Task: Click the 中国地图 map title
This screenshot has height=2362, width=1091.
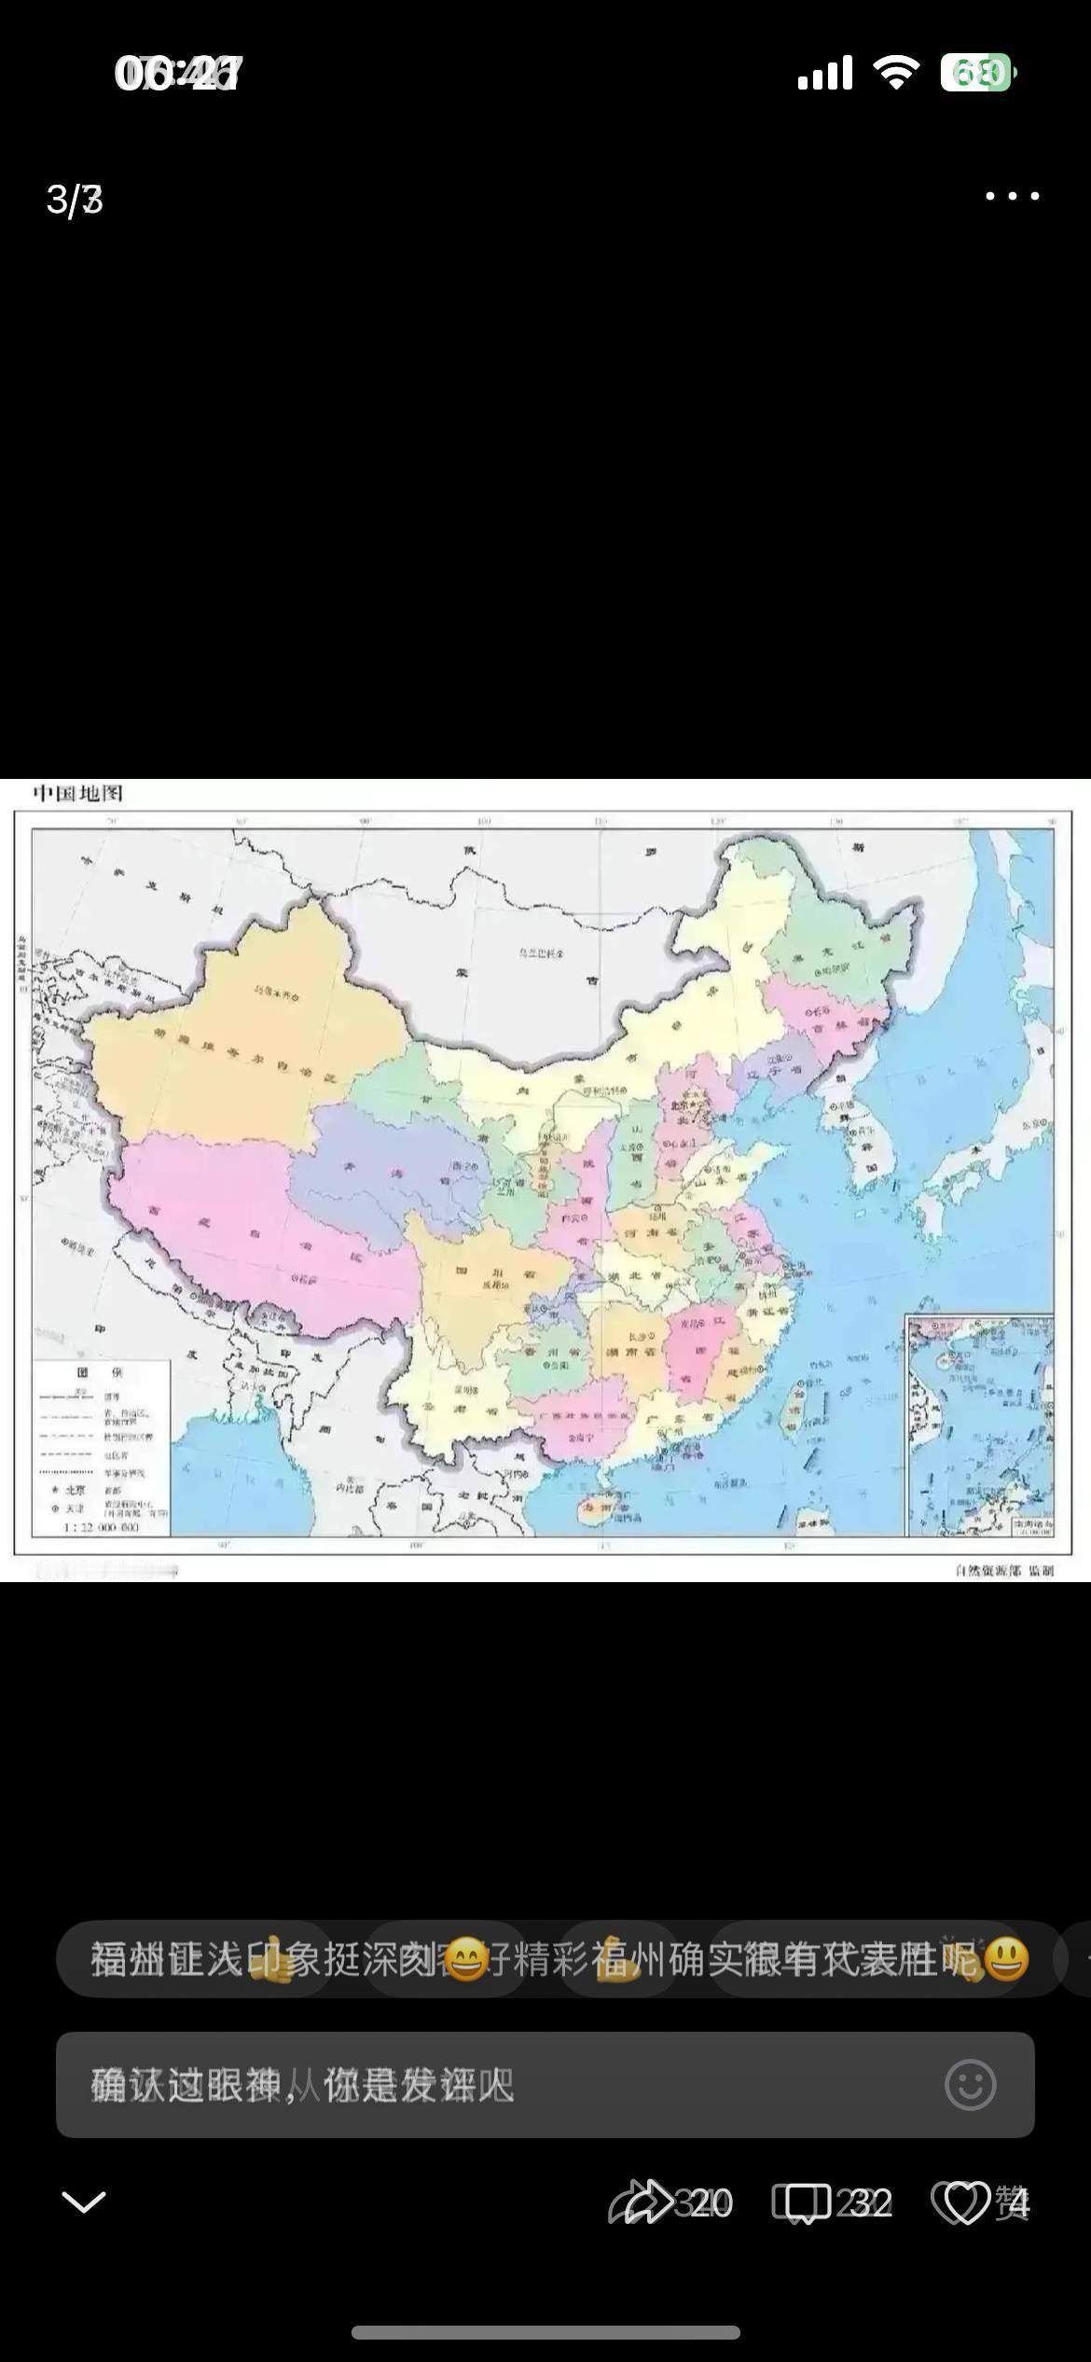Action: coord(78,794)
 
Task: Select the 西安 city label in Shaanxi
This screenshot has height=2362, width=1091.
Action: coord(569,1217)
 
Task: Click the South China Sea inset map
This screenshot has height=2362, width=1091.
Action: coord(979,1424)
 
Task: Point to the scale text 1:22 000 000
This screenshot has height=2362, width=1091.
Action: coord(101,1528)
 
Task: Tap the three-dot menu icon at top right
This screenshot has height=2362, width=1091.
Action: coord(1012,196)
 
